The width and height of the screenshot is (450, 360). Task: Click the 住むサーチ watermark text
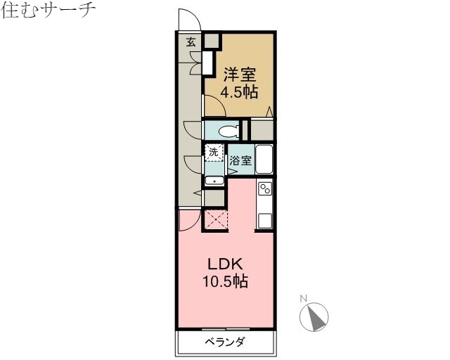tap(49, 11)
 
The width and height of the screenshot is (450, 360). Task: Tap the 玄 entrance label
tap(191, 41)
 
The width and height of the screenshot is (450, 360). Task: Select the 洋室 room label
tap(240, 74)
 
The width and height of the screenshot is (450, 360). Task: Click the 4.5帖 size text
tap(240, 92)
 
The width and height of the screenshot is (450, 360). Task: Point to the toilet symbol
tap(226, 130)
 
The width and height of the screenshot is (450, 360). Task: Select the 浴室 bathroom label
tap(240, 160)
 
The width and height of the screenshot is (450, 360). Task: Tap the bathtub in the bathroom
tap(264, 159)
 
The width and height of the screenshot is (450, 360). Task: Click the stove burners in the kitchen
tap(265, 189)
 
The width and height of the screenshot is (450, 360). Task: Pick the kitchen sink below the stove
tap(265, 219)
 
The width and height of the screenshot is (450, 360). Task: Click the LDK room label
tap(225, 264)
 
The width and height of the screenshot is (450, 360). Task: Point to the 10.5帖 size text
tap(226, 283)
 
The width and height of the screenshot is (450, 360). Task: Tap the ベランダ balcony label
tap(225, 342)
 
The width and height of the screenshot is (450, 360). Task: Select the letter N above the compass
tap(304, 298)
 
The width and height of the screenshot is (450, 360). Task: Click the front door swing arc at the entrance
tap(189, 20)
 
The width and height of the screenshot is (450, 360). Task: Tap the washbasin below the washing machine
tap(214, 181)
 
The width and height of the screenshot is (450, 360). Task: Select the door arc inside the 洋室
tap(214, 106)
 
